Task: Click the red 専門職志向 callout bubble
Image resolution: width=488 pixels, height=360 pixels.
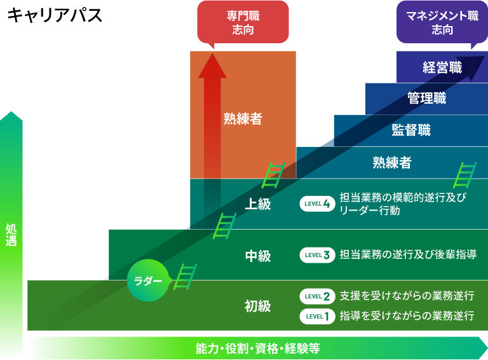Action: pos(243,23)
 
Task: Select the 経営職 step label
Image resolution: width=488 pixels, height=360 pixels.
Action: pos(442,67)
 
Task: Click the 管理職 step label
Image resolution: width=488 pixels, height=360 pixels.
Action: pos(426,99)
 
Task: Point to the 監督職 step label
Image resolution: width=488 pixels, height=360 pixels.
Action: pos(410,130)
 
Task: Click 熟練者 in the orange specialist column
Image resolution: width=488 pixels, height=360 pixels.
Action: pos(242,119)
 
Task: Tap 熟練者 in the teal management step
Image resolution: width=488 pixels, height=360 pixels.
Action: pos(391,163)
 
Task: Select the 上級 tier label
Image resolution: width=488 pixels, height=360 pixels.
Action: pos(258,204)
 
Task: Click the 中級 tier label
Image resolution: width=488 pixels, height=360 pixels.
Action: pos(258,256)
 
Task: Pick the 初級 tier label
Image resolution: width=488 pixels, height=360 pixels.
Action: pos(258,307)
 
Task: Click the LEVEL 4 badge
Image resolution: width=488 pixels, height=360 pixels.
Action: pos(317,204)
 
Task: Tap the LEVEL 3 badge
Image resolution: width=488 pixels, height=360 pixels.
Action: pos(317,256)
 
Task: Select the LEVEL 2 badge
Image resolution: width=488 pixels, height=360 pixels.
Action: pos(317,296)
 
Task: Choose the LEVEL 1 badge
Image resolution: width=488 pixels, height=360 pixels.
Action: pos(317,316)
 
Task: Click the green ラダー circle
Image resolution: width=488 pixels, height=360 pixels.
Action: pos(148,280)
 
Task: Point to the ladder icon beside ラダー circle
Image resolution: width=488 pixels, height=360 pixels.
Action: pos(186,277)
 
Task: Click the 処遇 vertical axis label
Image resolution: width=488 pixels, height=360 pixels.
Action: pos(11,235)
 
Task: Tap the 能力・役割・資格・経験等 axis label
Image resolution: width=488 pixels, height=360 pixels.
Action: pos(257,349)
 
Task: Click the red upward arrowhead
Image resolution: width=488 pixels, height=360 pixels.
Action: pos(212,66)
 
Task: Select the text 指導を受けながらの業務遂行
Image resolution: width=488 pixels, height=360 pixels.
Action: pos(407,316)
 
